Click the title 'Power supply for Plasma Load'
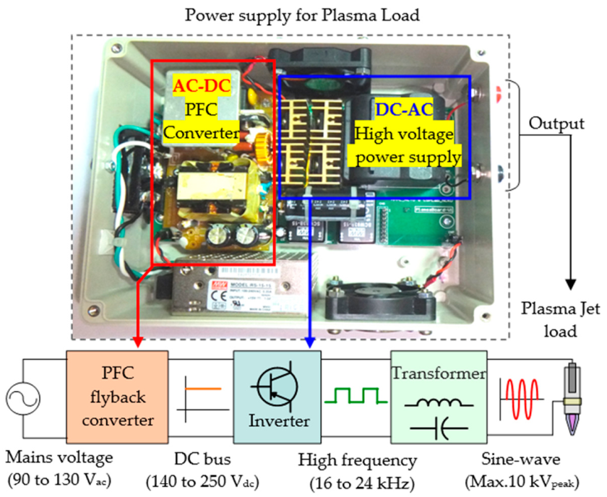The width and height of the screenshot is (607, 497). (301, 14)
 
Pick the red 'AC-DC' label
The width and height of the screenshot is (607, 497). (202, 86)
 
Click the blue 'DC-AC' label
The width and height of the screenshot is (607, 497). (402, 111)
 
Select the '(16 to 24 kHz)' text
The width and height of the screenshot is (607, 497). (358, 482)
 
